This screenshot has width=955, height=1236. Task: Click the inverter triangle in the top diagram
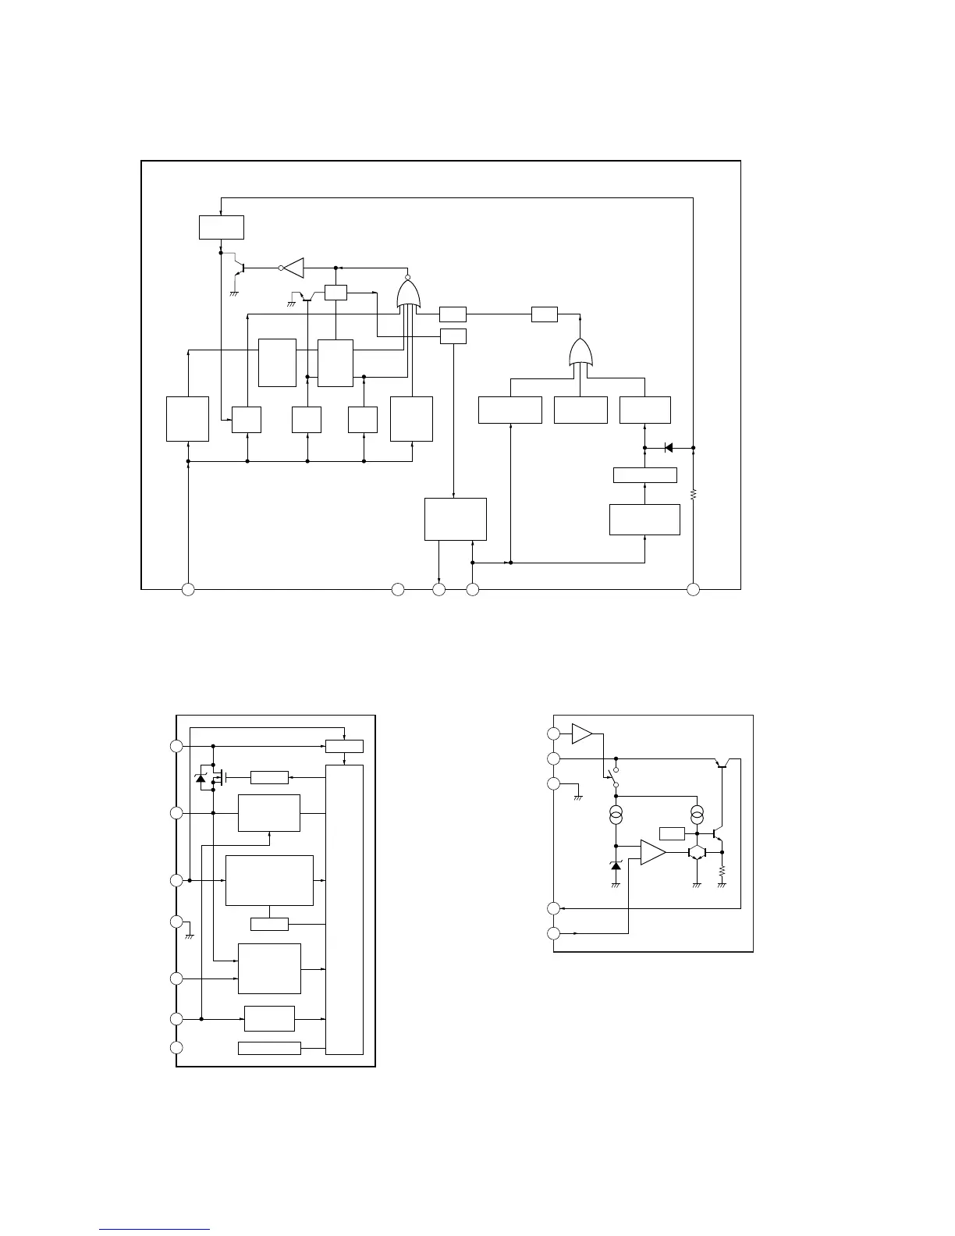(x=293, y=268)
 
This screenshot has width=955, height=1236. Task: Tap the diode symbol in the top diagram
(x=668, y=448)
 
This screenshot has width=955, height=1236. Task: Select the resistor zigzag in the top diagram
(x=693, y=494)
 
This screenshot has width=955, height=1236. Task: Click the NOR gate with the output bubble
(x=408, y=294)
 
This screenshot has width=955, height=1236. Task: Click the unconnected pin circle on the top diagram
(x=398, y=589)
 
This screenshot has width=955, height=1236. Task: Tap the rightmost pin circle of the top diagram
(x=693, y=589)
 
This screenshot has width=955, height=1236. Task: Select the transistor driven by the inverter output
(x=240, y=269)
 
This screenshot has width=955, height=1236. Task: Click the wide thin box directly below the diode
(x=644, y=474)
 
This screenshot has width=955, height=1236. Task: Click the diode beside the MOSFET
(x=201, y=778)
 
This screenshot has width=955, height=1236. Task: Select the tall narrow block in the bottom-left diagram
(x=345, y=909)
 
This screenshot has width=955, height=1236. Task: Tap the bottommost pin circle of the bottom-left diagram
(x=177, y=1047)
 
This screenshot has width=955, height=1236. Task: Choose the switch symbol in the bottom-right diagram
(x=611, y=776)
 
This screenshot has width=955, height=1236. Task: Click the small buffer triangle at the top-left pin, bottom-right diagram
(x=581, y=733)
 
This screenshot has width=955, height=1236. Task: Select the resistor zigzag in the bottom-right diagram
(x=722, y=870)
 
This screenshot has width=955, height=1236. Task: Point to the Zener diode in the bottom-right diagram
(x=616, y=865)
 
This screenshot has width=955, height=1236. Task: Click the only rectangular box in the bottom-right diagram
(x=672, y=833)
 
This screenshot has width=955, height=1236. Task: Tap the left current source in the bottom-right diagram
(x=616, y=816)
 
